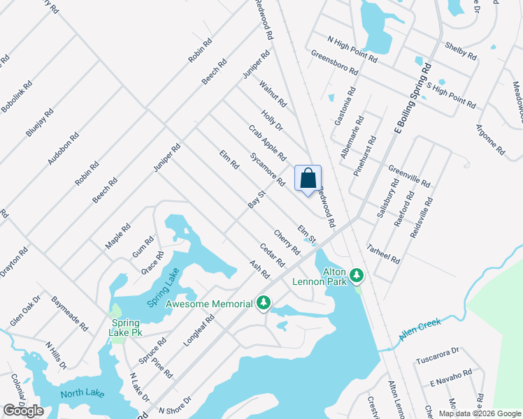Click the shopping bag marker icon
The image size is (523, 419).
click(308, 179)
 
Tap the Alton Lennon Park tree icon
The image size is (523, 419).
click(357, 276)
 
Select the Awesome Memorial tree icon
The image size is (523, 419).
click(264, 303)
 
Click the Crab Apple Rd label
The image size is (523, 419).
click(268, 142)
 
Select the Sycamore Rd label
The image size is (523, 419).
click(268, 170)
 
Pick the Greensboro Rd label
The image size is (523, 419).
click(334, 63)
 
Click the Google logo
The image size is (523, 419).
click(23, 411)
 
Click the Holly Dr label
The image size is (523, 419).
click(272, 118)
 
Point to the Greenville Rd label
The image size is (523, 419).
click(409, 175)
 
